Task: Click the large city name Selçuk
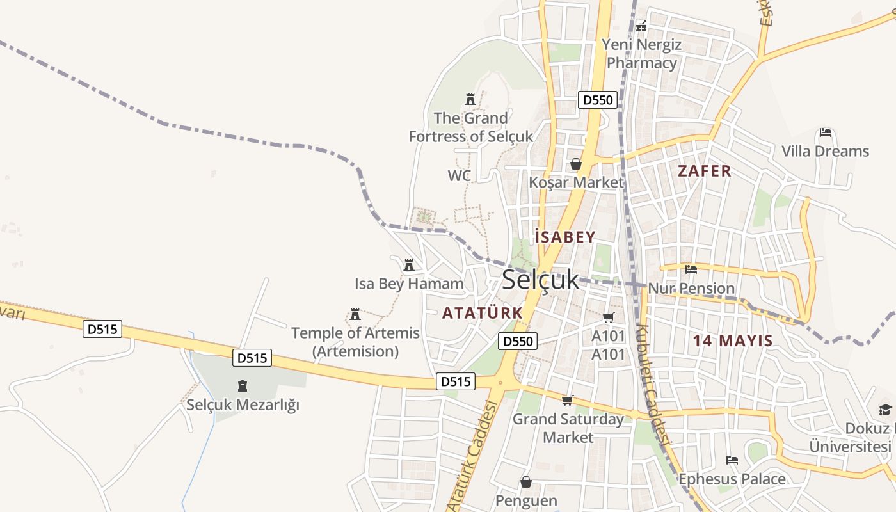point(540,280)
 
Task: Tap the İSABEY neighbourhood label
point(566,237)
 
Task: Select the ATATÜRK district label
point(483,313)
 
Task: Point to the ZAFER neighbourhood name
point(704,171)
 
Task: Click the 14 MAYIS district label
point(733,340)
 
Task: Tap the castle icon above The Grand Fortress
point(470,99)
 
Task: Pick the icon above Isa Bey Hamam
point(409,264)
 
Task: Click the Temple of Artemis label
point(355,342)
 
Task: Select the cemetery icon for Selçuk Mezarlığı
point(243,386)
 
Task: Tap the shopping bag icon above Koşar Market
point(575,164)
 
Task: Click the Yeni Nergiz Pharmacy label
point(642,54)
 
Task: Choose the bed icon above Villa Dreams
point(826,133)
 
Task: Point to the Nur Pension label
point(691,288)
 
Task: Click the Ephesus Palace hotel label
point(732,479)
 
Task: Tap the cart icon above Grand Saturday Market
point(567,401)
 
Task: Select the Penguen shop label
point(526,500)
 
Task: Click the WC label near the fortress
point(459,175)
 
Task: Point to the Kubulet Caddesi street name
point(653,384)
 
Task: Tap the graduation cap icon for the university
point(885,410)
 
